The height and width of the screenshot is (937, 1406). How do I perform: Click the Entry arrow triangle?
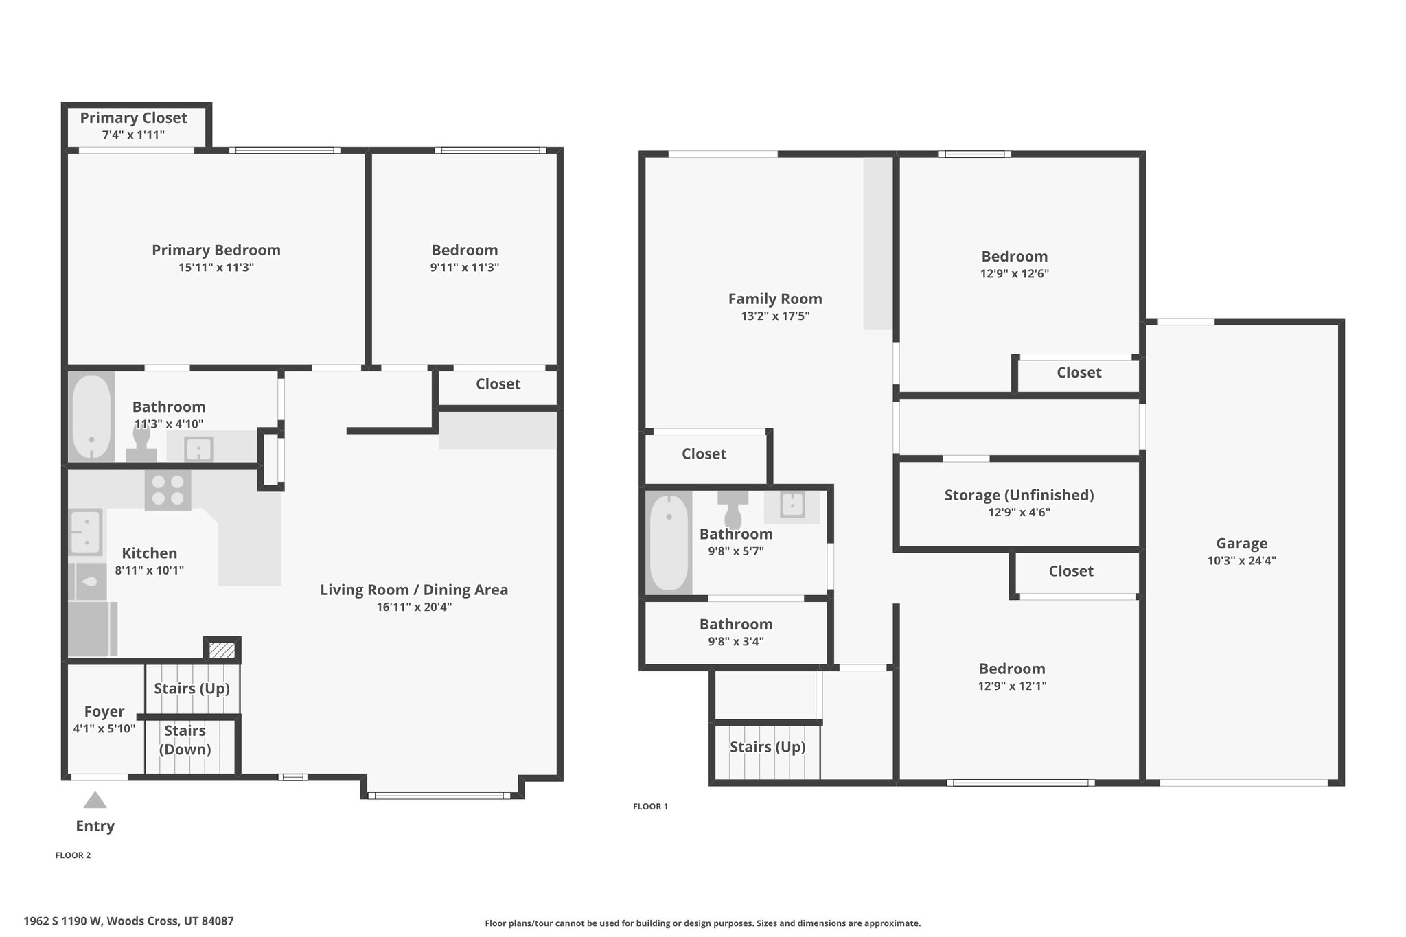(95, 800)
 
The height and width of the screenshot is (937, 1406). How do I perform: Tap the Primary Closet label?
(134, 118)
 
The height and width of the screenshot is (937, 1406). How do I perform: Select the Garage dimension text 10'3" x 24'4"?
(1242, 560)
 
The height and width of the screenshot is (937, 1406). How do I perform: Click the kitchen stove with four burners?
(168, 489)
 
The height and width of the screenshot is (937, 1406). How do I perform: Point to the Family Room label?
(775, 299)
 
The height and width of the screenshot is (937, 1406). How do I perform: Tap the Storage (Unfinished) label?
(1019, 495)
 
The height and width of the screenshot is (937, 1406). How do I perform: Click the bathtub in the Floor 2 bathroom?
(91, 417)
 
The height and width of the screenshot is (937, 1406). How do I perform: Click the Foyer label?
(104, 712)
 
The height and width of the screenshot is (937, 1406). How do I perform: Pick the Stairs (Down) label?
(185, 740)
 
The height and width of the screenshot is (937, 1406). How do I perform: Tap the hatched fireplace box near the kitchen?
(222, 649)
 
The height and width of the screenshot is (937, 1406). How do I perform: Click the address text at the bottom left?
(129, 921)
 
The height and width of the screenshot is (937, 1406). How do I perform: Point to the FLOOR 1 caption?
(650, 807)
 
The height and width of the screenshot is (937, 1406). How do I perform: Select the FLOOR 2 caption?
(73, 855)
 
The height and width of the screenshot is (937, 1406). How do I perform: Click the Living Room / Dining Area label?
(414, 590)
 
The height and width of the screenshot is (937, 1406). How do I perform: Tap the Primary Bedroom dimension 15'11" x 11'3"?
(216, 268)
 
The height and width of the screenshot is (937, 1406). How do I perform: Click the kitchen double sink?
(86, 532)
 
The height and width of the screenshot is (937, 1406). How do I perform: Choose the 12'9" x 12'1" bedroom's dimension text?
(1012, 686)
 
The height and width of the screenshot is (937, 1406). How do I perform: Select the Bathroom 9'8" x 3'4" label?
(736, 632)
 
